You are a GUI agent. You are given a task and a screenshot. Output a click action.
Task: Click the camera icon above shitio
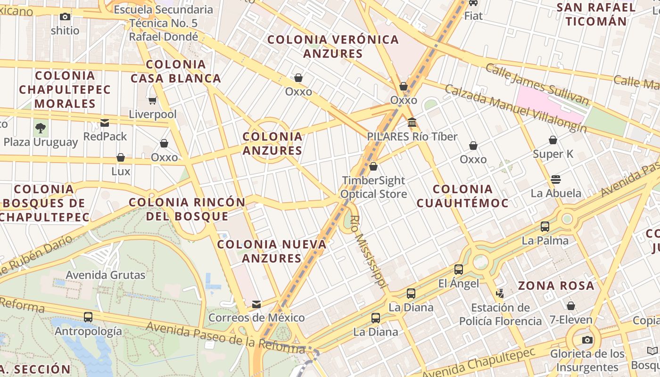[x=65, y=17]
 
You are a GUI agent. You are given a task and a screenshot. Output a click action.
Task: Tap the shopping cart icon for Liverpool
[x=152, y=100]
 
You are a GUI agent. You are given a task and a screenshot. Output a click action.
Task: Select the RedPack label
[x=105, y=136]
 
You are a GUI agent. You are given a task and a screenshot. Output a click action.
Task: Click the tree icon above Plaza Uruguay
[x=41, y=127]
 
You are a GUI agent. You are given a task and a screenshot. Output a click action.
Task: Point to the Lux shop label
[x=121, y=171]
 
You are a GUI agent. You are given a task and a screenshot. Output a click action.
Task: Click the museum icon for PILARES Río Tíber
[x=412, y=123]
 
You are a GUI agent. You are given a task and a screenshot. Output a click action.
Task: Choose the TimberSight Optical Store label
[x=373, y=187]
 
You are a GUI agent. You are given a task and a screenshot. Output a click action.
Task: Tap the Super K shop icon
[x=553, y=140]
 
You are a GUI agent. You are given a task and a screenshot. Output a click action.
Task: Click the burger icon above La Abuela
[x=556, y=180]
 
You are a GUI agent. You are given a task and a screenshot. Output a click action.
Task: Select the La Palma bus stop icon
[x=545, y=227]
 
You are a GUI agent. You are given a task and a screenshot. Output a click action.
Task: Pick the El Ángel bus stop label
[x=458, y=283]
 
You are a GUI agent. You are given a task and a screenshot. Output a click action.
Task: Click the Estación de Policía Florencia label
[x=501, y=314]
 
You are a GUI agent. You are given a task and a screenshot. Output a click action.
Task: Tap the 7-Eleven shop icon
[x=571, y=306]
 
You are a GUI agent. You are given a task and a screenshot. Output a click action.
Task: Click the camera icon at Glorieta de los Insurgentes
[x=587, y=340]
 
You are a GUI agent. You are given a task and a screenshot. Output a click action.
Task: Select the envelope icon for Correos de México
[x=256, y=304]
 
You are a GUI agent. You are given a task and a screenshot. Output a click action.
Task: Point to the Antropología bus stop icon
[x=88, y=317]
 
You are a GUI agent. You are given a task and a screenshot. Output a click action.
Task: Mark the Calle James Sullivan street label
[x=537, y=84]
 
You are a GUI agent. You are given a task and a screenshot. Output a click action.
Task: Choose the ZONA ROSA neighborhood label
[x=556, y=286]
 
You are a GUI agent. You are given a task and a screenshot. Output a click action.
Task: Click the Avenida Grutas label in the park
[x=106, y=275]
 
